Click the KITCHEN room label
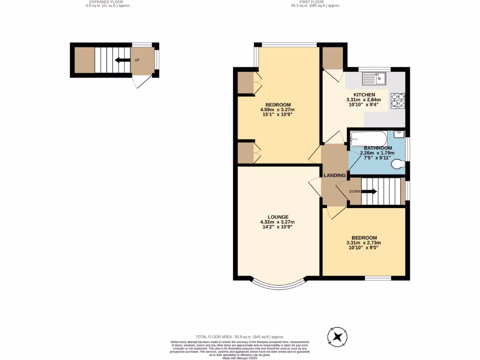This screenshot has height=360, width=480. (364, 95)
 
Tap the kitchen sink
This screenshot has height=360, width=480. (376, 78)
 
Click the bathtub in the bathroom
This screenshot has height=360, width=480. (368, 138)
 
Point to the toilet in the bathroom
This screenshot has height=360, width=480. (398, 164)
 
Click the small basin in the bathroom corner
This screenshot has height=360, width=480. (399, 134)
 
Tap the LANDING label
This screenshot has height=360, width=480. (335, 175)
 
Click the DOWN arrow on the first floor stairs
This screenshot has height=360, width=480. (369, 191)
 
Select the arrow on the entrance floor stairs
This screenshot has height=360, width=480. (123, 60)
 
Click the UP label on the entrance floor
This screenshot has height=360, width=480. (137, 60)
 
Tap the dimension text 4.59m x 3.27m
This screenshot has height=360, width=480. (278, 110)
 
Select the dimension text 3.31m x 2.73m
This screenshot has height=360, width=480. (364, 243)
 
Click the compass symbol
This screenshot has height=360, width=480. (337, 337)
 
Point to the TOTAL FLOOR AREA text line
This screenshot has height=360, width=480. (240, 337)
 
